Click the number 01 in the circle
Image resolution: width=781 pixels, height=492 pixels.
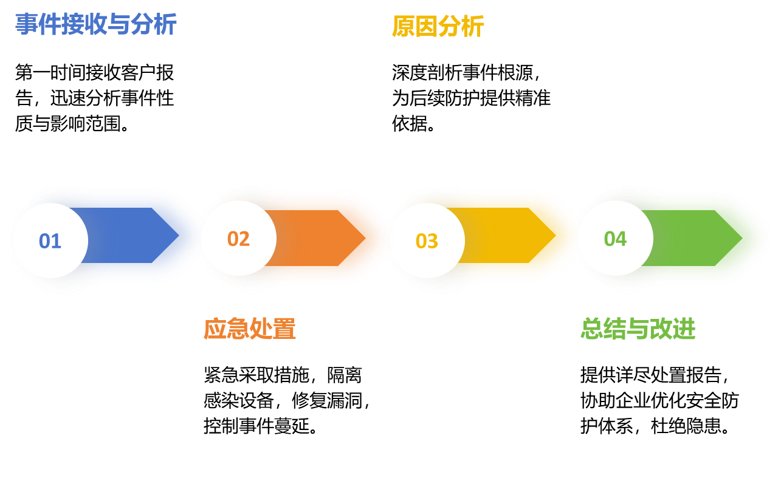click(50, 241)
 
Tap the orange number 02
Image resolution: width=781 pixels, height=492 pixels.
click(238, 239)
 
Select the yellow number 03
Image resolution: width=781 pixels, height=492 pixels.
click(427, 241)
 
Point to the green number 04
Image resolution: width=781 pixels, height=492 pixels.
click(615, 239)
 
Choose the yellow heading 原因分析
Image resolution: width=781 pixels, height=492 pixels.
click(438, 27)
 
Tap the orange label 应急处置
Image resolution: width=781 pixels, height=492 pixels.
click(249, 329)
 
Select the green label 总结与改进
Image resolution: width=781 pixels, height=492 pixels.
click(638, 329)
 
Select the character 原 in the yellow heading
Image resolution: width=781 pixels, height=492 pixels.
click(404, 27)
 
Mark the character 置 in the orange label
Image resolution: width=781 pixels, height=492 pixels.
click(284, 329)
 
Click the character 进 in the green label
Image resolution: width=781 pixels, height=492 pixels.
click(684, 329)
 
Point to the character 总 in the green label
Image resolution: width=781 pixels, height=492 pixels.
click(592, 329)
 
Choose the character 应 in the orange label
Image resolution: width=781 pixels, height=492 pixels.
click(215, 329)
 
